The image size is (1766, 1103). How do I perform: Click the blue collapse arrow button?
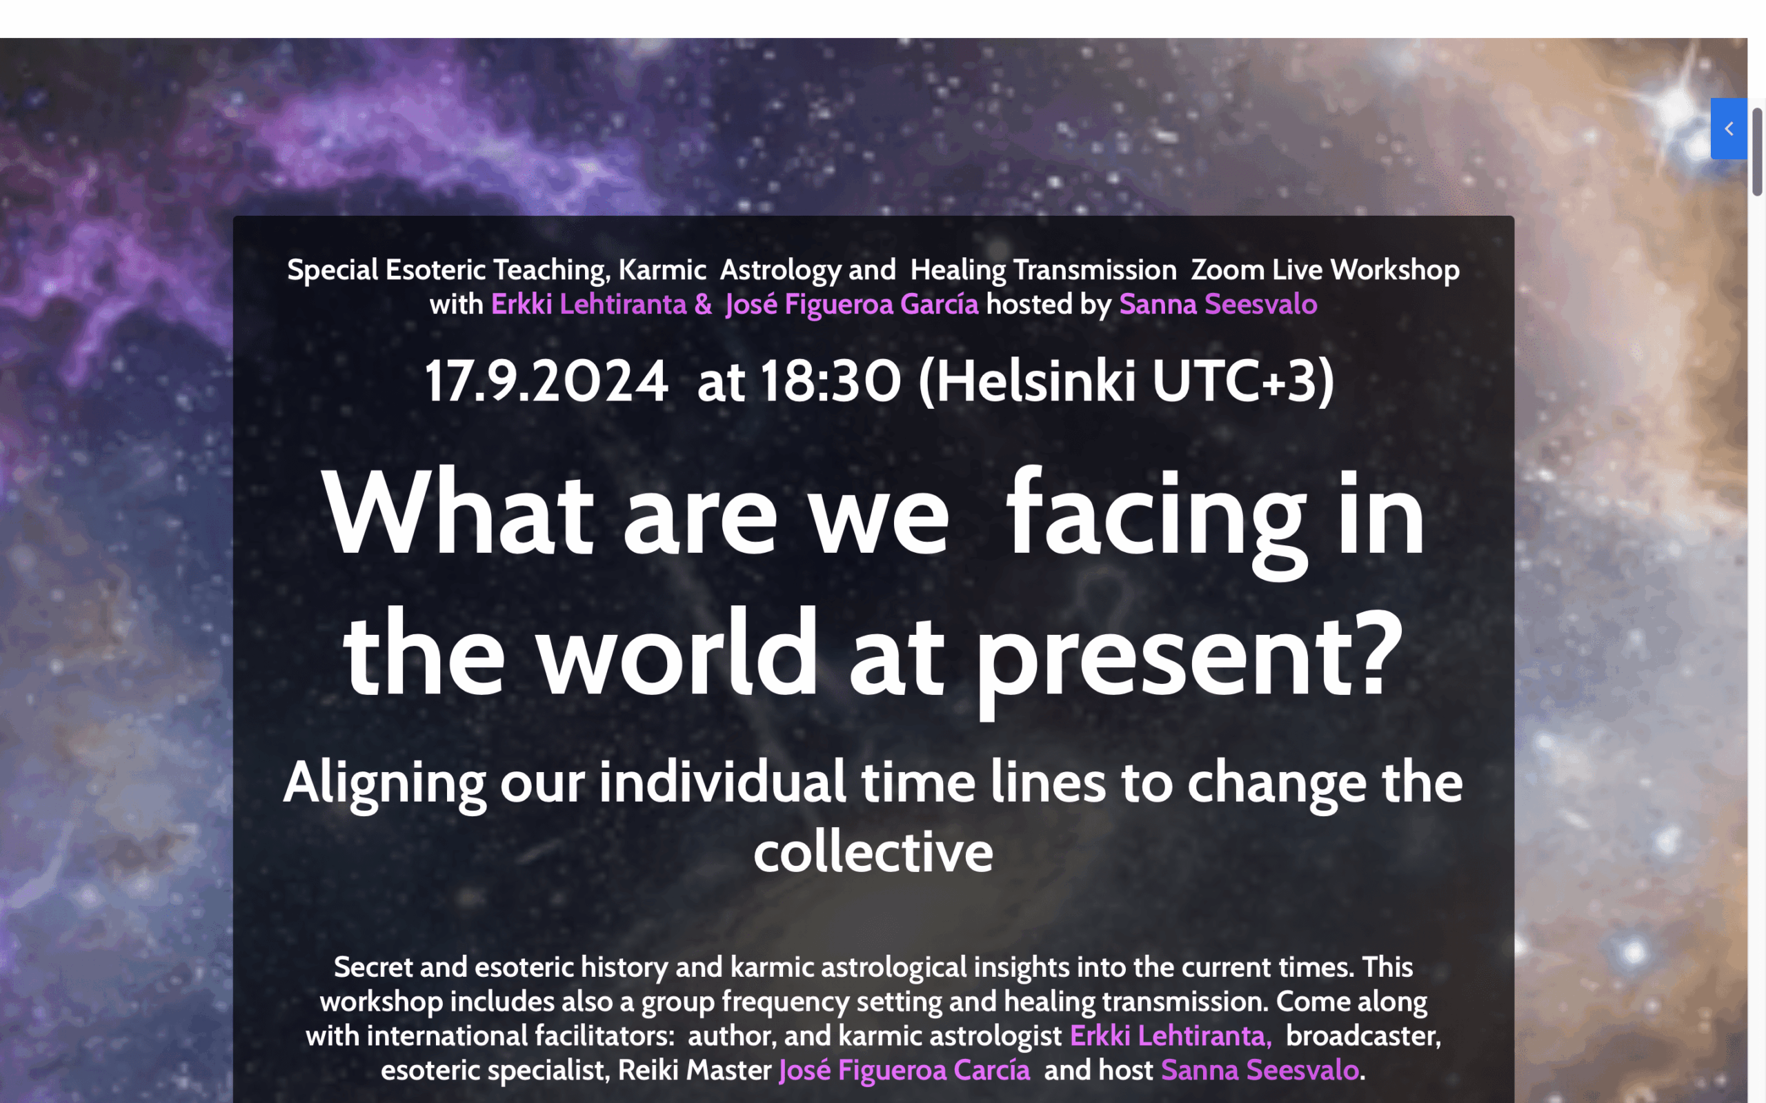click(1728, 128)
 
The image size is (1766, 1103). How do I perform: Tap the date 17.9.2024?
click(546, 381)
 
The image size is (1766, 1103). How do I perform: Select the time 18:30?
click(831, 381)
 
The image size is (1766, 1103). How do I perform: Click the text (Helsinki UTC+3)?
click(1126, 381)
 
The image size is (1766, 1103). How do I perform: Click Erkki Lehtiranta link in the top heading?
click(589, 304)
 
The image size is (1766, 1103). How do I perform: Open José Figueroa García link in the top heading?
click(852, 304)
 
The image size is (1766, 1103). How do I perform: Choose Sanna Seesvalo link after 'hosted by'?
click(1218, 304)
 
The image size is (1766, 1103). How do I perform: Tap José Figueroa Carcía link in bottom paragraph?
click(905, 1070)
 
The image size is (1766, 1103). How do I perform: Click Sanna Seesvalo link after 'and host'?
click(1260, 1070)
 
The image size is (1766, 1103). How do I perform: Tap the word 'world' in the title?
click(679, 651)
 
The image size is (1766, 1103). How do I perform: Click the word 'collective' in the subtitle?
click(873, 851)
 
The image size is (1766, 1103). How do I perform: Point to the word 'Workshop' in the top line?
click(1396, 270)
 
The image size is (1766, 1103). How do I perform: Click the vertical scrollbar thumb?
click(1757, 152)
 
